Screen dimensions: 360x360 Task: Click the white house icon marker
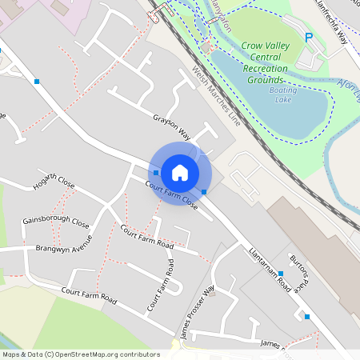tap(180, 173)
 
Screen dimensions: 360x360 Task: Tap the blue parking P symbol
tap(310, 37)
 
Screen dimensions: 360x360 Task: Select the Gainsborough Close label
tap(56, 222)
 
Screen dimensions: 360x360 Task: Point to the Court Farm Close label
tap(171, 193)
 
